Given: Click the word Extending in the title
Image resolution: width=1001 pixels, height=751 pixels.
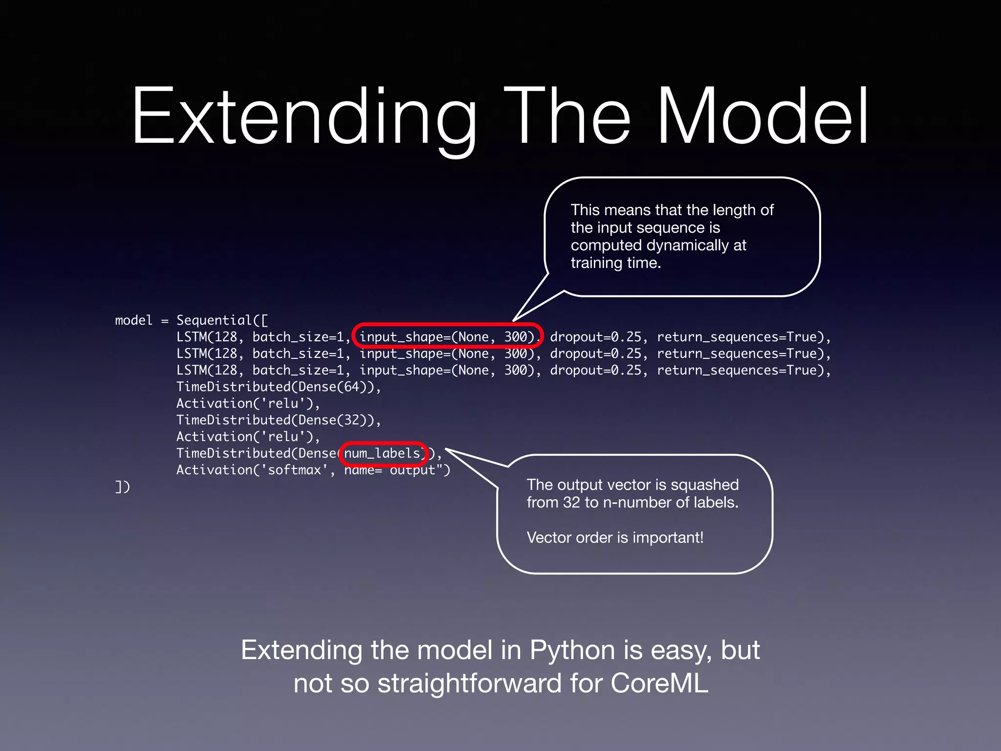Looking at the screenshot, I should pos(303,117).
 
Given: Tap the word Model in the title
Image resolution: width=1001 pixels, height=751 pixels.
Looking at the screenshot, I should pos(762,117).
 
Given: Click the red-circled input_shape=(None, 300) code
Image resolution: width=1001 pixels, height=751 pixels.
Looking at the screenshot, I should pos(447,337).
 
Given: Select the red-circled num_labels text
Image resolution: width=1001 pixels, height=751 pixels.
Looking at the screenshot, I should pos(382,453).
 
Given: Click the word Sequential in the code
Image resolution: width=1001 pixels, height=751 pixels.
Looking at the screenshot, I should pos(214,320).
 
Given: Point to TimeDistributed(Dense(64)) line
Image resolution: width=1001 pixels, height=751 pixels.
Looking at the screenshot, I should pos(278,387).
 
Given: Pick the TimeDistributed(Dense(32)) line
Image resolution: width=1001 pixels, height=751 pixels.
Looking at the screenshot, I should pos(278,420).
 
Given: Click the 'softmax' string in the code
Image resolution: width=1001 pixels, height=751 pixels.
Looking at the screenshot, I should pos(294,470).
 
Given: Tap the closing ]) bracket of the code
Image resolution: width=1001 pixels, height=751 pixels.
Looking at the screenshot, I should pos(122,486).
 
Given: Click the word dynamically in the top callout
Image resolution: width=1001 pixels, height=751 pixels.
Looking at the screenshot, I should pos(686,245).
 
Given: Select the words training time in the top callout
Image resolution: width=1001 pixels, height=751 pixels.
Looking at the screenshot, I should pos(615,263).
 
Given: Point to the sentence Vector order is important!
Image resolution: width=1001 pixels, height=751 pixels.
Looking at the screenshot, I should pos(615,537).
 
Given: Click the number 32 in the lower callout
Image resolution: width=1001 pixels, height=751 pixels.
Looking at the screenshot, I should pos(571,502).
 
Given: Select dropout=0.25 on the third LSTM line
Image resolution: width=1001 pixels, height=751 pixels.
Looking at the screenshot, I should pos(595,370).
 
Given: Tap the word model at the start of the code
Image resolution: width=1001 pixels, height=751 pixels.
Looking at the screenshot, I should pos(133,320).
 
